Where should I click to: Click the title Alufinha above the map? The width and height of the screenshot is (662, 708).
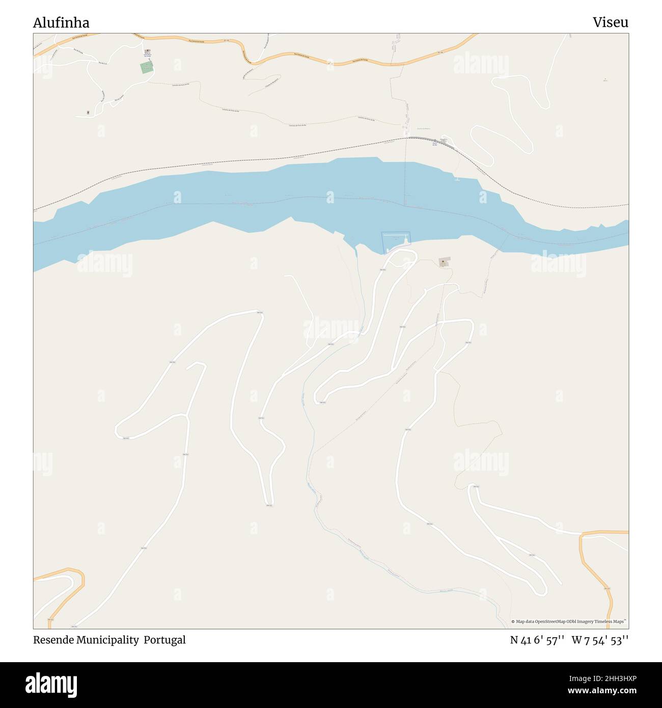[61, 22]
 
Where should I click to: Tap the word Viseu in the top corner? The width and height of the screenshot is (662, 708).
[610, 22]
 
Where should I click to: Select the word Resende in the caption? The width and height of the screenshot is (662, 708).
[53, 640]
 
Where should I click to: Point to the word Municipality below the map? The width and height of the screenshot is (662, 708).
[107, 640]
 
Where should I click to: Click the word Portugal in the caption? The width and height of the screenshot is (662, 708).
[164, 640]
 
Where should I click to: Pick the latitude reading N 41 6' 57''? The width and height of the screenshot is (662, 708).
[537, 640]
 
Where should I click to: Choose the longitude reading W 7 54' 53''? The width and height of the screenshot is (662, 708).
[600, 640]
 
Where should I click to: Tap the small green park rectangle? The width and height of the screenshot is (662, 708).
[147, 68]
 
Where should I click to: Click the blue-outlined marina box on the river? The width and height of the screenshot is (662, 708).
[396, 241]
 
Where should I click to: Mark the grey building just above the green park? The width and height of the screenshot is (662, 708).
[147, 51]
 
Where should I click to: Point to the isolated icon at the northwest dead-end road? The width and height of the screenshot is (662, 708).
[89, 113]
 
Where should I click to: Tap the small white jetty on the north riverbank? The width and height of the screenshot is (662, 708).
[456, 179]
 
